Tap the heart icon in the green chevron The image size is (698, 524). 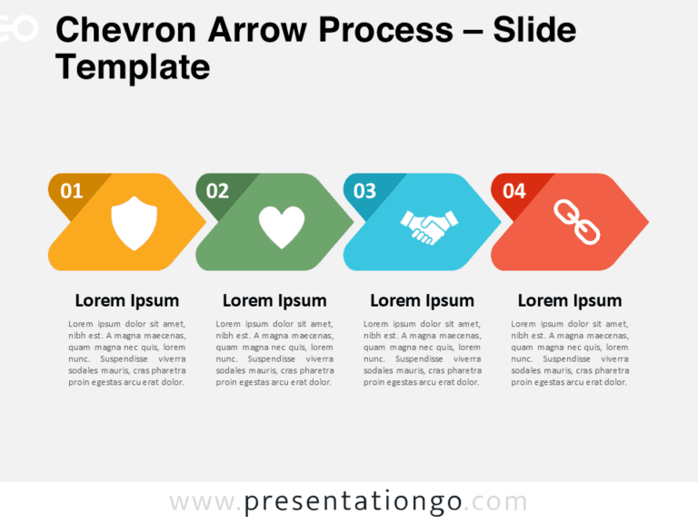coord(282,227)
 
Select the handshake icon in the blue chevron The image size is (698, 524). coord(429,226)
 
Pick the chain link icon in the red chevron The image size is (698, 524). coord(577,223)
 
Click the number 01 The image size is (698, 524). coord(71,191)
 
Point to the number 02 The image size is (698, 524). coord(217,191)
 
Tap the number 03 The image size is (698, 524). coord(364,191)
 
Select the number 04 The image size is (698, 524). coord(514,191)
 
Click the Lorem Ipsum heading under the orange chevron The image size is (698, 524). coord(126,301)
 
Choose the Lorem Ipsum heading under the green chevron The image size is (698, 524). coord(274,301)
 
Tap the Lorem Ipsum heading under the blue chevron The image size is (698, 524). coord(422,301)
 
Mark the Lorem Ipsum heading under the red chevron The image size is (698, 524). coord(570,301)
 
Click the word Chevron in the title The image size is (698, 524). coord(125,30)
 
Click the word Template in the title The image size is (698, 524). coord(133,66)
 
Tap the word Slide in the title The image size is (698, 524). coord(533,30)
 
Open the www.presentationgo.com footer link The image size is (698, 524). coord(348,501)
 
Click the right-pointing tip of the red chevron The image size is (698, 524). coord(644,221)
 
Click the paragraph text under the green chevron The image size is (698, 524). coord(274,353)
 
